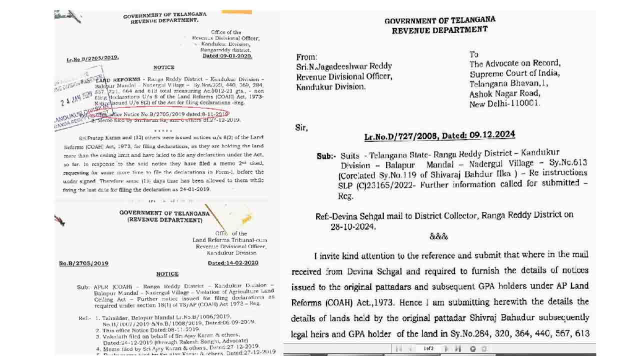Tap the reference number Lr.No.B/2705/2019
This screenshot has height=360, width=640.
click(92, 58)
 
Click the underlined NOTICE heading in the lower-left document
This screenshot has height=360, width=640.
click(167, 274)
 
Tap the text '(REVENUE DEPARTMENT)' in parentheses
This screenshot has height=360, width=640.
click(164, 219)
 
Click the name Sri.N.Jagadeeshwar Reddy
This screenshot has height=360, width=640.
click(344, 66)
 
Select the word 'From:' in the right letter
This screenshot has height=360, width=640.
click(307, 57)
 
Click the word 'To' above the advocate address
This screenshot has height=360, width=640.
click(473, 54)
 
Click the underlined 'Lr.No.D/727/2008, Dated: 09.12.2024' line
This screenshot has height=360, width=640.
click(439, 136)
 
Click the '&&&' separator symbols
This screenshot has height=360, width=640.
click(438, 236)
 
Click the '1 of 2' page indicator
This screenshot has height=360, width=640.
click(428, 348)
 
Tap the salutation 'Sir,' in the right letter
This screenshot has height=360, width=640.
click(301, 128)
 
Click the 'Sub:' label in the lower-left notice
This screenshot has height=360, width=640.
click(82, 287)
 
